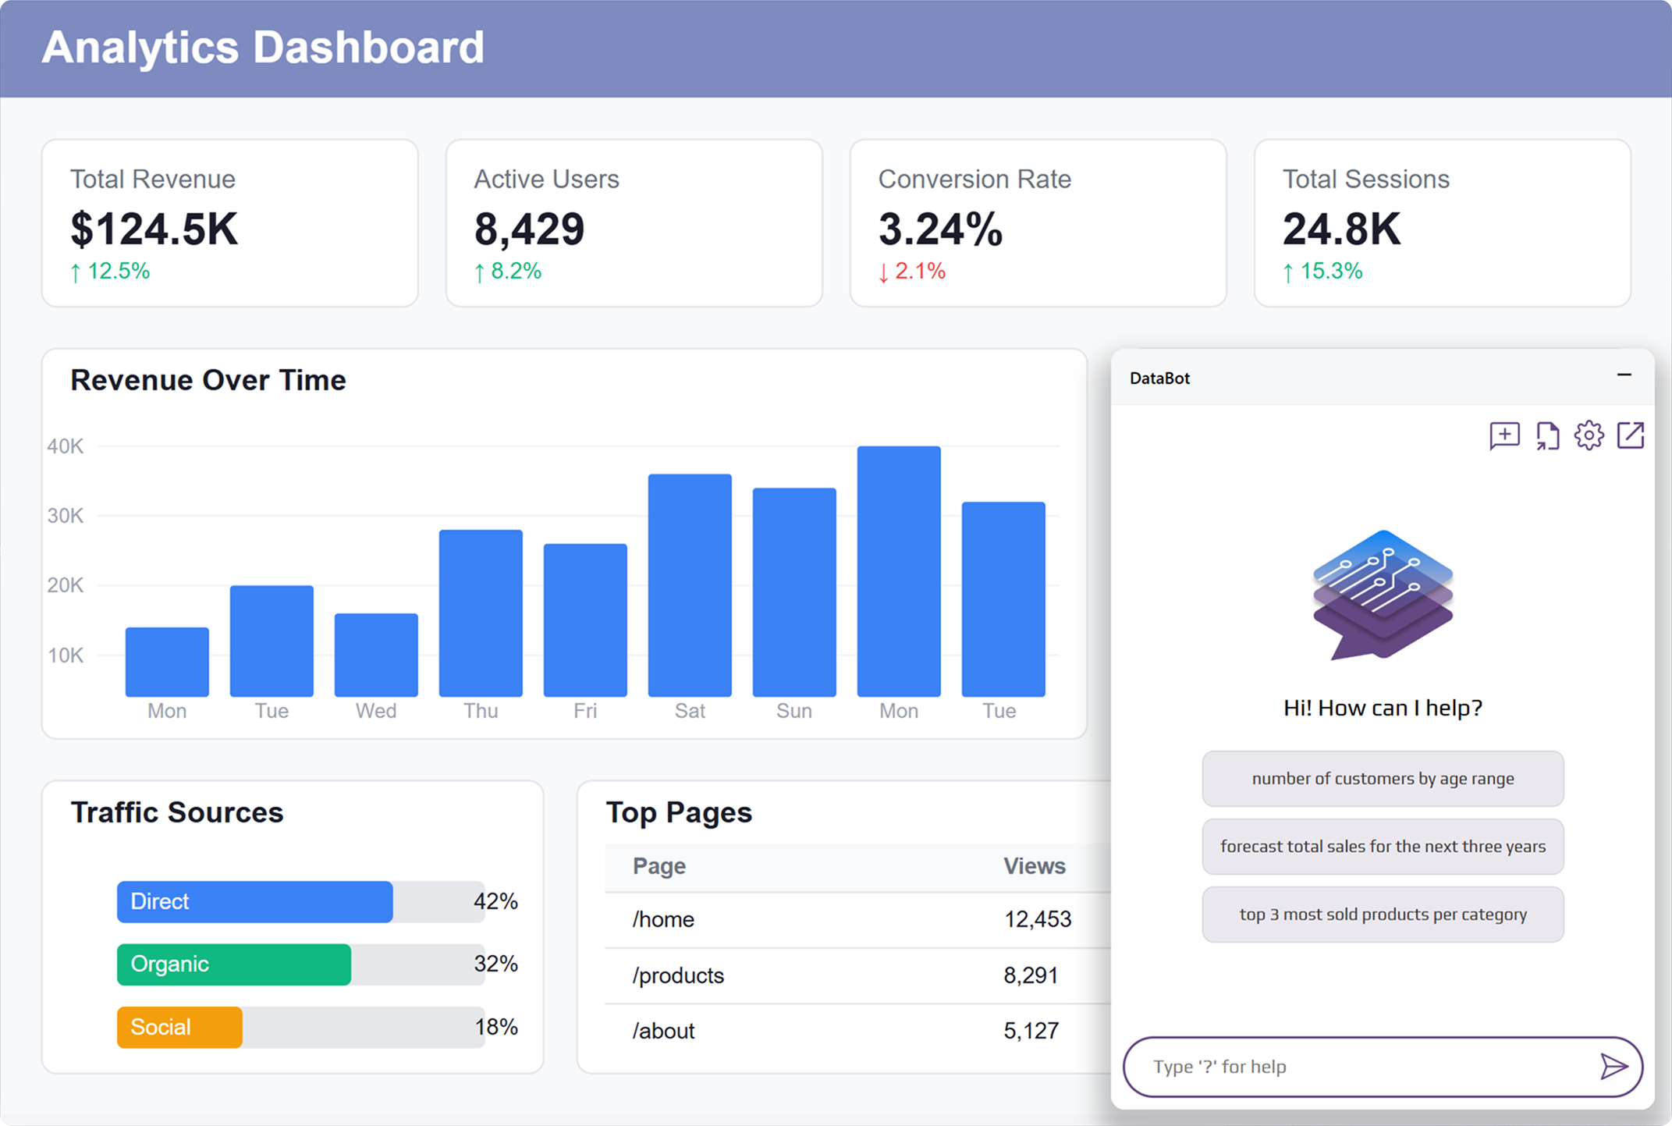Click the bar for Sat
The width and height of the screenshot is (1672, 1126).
click(x=690, y=585)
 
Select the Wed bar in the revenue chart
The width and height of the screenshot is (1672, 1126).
click(x=376, y=655)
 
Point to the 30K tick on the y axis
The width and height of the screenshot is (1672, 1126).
click(x=65, y=516)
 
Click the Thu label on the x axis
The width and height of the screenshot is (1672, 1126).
click(x=481, y=711)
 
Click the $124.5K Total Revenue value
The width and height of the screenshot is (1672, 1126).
click(x=154, y=229)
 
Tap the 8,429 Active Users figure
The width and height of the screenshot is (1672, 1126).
click(x=529, y=229)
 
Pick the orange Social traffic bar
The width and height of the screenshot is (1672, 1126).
click(x=179, y=1027)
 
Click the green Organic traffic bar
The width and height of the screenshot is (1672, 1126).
click(x=234, y=964)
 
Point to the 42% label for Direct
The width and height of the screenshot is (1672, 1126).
click(x=495, y=901)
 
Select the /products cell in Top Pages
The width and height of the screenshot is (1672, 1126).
click(x=678, y=975)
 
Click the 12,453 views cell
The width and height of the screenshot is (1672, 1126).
click(x=1037, y=919)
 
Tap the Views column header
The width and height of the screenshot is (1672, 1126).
click(x=1034, y=866)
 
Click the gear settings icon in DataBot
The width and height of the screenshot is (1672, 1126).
click(x=1589, y=435)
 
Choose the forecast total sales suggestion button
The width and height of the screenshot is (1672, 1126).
click(x=1383, y=847)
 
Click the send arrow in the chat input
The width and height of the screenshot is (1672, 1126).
click(x=1613, y=1066)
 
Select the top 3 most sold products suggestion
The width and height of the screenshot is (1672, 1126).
click(x=1383, y=915)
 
